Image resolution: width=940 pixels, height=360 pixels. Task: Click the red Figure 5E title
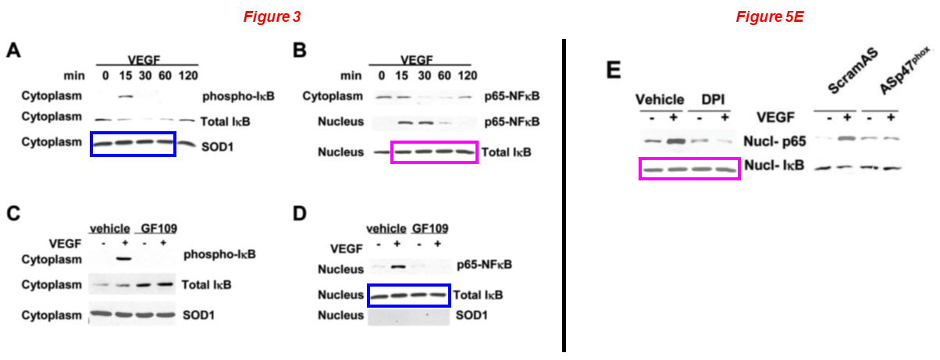[x=770, y=16]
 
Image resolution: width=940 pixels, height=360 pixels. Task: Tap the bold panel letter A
[x=13, y=52]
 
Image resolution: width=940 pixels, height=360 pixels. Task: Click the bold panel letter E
[x=614, y=70]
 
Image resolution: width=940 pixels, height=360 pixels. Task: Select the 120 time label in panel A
[x=188, y=76]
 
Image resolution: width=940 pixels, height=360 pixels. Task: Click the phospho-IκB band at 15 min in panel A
[x=125, y=98]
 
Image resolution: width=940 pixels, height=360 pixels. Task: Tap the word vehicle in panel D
[x=386, y=229]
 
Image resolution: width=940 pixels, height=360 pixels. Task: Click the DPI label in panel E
[x=712, y=100]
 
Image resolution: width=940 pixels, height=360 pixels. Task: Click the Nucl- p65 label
[x=774, y=142]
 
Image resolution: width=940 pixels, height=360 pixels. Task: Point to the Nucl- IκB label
[x=774, y=166]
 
